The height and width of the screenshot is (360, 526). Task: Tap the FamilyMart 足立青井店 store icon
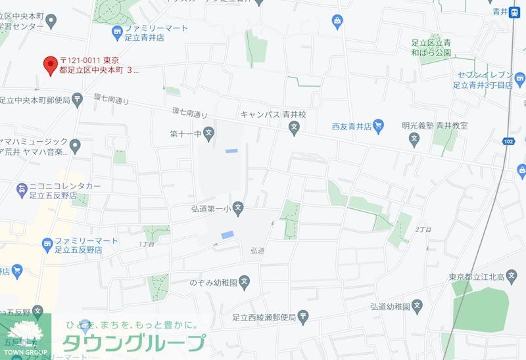(x=117, y=32)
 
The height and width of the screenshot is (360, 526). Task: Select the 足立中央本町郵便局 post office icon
(x=78, y=100)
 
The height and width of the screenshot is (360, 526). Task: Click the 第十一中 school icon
(x=208, y=133)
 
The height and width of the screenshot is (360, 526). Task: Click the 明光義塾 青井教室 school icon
(x=414, y=138)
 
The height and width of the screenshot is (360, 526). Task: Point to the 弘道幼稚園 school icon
(x=417, y=307)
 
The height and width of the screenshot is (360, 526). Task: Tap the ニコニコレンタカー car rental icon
(x=22, y=191)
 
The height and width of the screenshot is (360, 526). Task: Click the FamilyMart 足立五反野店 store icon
(x=47, y=245)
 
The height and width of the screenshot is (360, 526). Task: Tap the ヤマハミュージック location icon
(x=75, y=145)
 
